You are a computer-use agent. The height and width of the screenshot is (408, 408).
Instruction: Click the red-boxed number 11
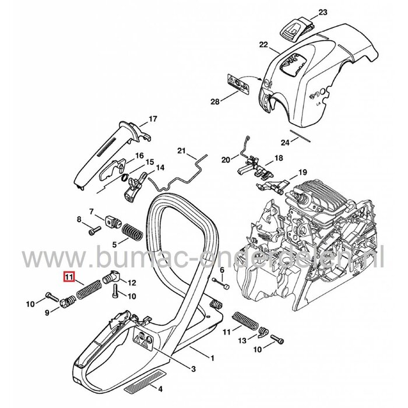pyautogui.click(x=69, y=277)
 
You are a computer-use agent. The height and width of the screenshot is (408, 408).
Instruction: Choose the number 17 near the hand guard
pyautogui.click(x=153, y=119)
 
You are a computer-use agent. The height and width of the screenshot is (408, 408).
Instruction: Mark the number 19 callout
pyautogui.click(x=302, y=172)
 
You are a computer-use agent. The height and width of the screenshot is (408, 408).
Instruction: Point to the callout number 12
pyautogui.click(x=132, y=283)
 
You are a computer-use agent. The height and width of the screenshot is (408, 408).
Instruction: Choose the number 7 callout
pyautogui.click(x=92, y=210)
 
